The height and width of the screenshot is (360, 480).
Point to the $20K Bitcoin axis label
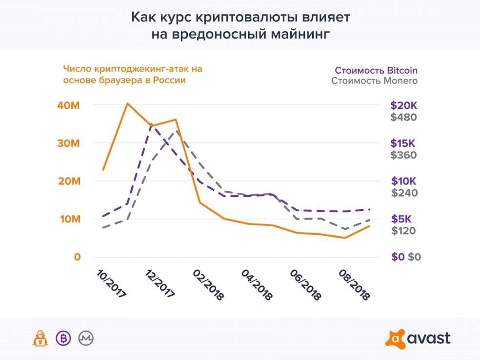[x=404, y=106]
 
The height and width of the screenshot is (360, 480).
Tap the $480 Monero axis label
[x=404, y=118]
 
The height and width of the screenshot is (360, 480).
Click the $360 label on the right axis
[x=404, y=155]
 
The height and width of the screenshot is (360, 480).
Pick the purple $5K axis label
[x=402, y=219]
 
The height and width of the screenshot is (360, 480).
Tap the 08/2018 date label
[x=353, y=284]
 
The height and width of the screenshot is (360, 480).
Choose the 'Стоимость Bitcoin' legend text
[x=376, y=70]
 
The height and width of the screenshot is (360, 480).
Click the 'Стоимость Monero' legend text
[x=374, y=81]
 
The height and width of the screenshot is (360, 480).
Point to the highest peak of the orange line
[x=127, y=103]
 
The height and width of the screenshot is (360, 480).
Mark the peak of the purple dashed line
[x=151, y=124]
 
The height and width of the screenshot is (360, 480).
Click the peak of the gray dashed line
[x=176, y=130]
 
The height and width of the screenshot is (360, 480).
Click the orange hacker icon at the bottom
[x=40, y=338]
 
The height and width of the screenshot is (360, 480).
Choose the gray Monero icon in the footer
[x=86, y=338]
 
